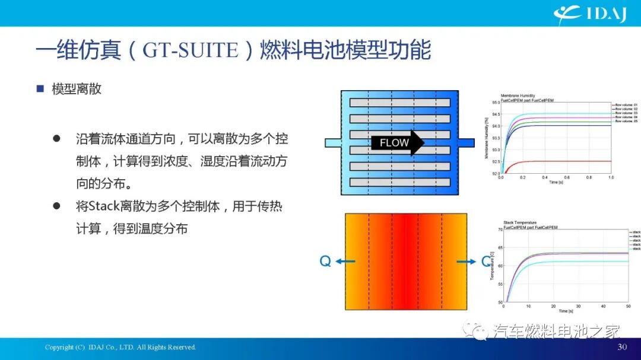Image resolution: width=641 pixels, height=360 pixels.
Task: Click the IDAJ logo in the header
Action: pos(590,13)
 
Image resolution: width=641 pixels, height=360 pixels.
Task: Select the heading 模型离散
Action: pos(76,89)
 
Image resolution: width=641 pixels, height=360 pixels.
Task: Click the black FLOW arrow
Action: pos(397,143)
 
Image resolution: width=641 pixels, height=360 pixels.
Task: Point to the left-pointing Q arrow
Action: pos(348,261)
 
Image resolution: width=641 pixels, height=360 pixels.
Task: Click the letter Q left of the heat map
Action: pos(325,261)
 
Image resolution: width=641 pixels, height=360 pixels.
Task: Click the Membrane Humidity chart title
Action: pos(518,95)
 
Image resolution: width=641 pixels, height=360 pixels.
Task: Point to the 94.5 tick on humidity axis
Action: pos(495,114)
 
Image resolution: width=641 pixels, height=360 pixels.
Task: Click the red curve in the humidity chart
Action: pos(552,161)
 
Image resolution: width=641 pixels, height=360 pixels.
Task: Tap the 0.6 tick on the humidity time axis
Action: pos(567,177)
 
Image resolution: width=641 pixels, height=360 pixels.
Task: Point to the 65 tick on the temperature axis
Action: pos(500,247)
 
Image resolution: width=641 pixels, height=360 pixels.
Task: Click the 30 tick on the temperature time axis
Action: pos(579,306)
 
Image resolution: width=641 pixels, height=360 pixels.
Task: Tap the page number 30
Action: pos(622,347)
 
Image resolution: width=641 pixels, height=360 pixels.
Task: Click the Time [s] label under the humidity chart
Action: pos(556,182)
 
